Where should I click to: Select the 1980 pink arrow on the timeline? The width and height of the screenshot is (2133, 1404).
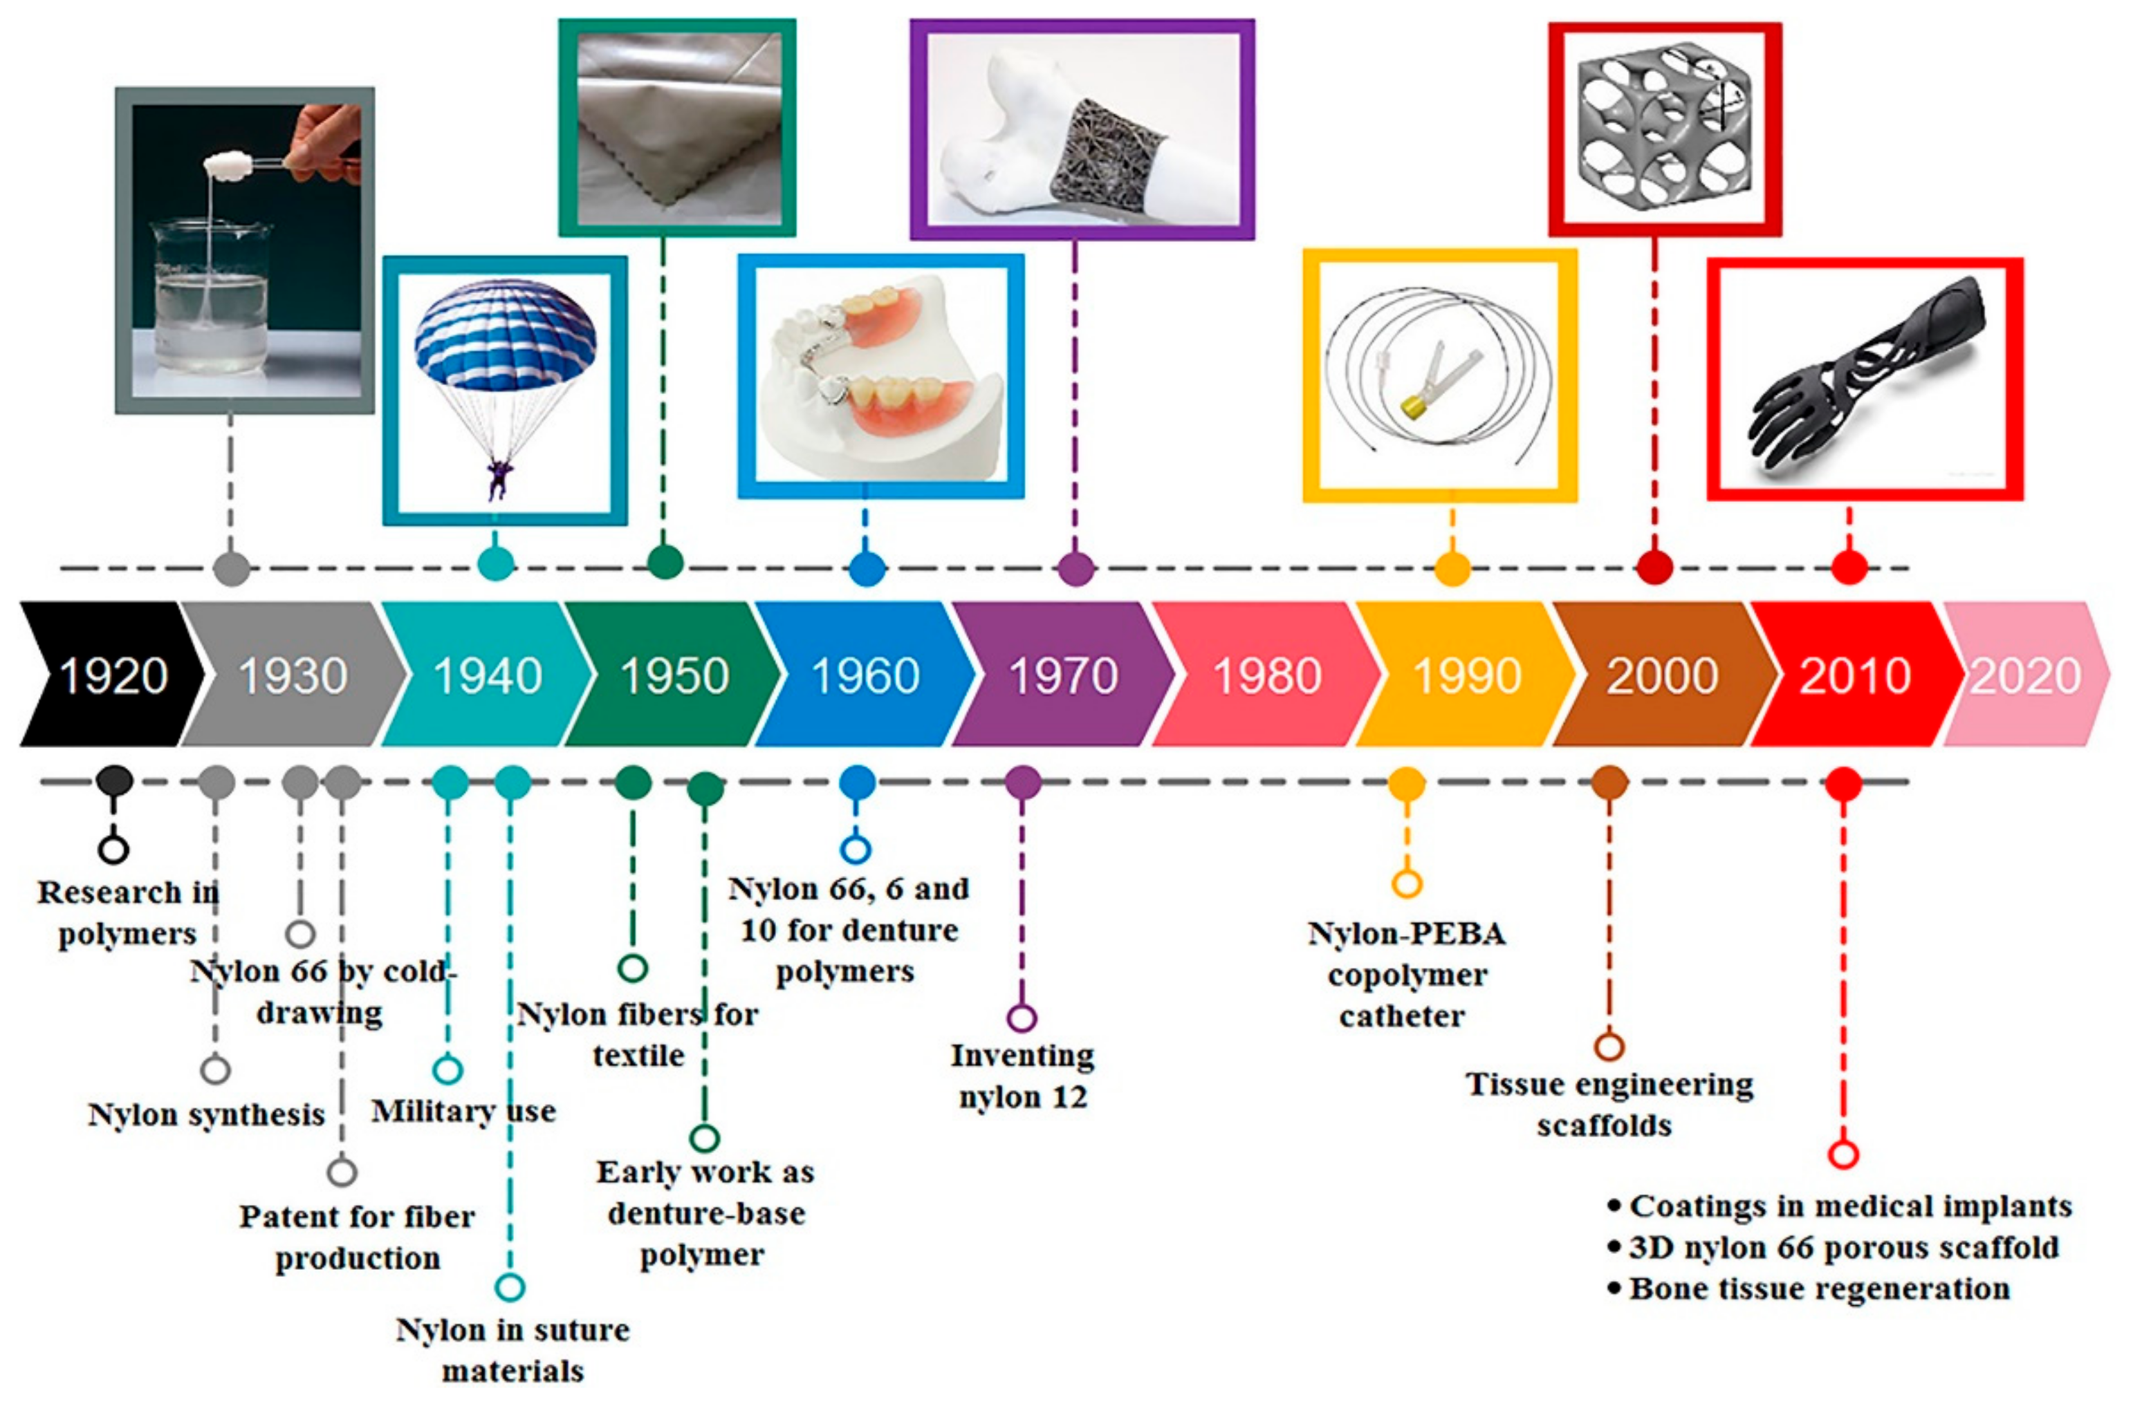[1266, 675]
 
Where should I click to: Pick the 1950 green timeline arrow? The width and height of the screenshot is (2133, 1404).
[674, 675]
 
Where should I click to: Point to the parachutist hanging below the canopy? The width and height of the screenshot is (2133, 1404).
[498, 478]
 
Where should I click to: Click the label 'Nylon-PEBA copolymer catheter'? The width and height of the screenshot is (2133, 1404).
[1405, 975]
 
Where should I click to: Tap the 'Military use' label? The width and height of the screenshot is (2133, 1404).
[463, 1112]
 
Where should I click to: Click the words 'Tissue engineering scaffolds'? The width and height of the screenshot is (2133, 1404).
[1609, 1104]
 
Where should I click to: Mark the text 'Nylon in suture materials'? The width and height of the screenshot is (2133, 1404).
[513, 1350]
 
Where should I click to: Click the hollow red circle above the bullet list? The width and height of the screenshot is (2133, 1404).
[1843, 1153]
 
